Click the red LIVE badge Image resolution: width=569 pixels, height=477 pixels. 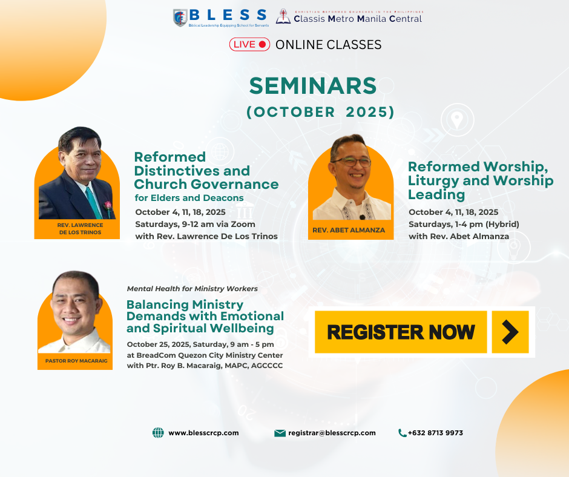[x=249, y=44]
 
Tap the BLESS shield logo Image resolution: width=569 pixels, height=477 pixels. [x=180, y=18]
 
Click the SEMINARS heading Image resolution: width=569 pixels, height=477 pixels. [x=313, y=86]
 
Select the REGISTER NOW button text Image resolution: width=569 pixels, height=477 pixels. [x=401, y=332]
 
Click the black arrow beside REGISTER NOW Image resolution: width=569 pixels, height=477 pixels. [x=510, y=332]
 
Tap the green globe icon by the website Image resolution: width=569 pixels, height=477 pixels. [x=158, y=433]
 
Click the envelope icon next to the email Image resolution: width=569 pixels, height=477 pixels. [x=280, y=433]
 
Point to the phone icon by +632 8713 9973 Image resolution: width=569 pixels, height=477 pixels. [x=402, y=433]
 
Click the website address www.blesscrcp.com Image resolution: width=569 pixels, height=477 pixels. [x=203, y=433]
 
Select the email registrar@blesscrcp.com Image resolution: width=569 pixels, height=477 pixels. [x=332, y=433]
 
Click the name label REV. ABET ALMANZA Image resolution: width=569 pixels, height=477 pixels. [x=349, y=230]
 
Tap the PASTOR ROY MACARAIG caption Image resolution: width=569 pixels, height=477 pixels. [x=76, y=361]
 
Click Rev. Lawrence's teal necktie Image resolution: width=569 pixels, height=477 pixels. [x=94, y=203]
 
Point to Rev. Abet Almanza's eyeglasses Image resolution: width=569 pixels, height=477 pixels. [x=351, y=162]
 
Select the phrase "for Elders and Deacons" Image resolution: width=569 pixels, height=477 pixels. [x=189, y=198]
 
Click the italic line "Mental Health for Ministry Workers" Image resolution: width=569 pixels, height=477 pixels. [x=192, y=289]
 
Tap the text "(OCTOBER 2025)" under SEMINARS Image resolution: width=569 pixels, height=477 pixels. [x=320, y=112]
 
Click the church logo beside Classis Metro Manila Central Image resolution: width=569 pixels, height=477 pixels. [x=283, y=17]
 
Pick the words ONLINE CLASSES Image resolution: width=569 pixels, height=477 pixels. [x=329, y=45]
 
